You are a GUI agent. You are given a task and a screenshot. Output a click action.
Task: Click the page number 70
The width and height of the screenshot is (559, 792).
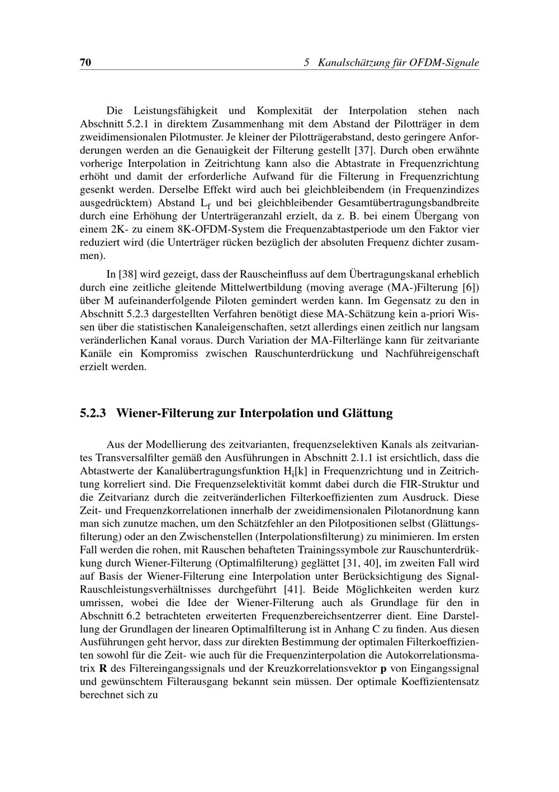coord(86,63)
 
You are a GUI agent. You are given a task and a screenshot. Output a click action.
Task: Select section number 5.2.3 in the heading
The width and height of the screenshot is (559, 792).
coord(94,414)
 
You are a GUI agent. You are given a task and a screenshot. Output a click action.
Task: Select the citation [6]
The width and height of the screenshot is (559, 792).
coord(471,288)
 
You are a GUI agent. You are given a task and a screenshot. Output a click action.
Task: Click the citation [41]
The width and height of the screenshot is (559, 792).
coord(294,589)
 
